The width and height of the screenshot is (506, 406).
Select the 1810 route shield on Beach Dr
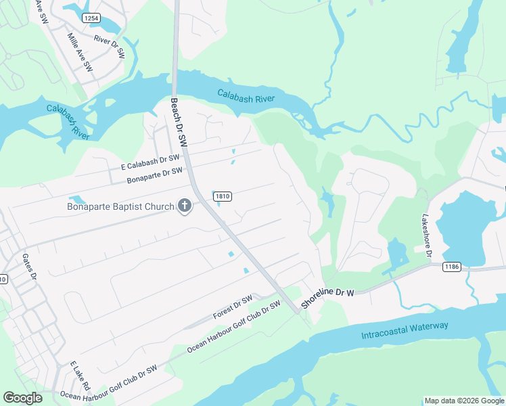click(223, 196)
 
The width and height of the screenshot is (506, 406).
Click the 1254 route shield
click(92, 18)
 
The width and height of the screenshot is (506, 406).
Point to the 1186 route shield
click(452, 267)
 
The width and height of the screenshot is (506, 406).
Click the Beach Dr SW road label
click(179, 122)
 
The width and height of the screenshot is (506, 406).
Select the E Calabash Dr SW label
click(149, 162)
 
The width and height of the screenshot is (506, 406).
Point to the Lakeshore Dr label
click(426, 233)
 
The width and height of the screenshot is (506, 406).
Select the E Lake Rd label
click(80, 376)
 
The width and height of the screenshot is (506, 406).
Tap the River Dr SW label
click(110, 45)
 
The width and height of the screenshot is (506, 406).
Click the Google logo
click(23, 398)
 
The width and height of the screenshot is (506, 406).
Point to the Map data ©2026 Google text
click(463, 401)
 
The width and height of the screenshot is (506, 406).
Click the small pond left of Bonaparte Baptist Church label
click(77, 200)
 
